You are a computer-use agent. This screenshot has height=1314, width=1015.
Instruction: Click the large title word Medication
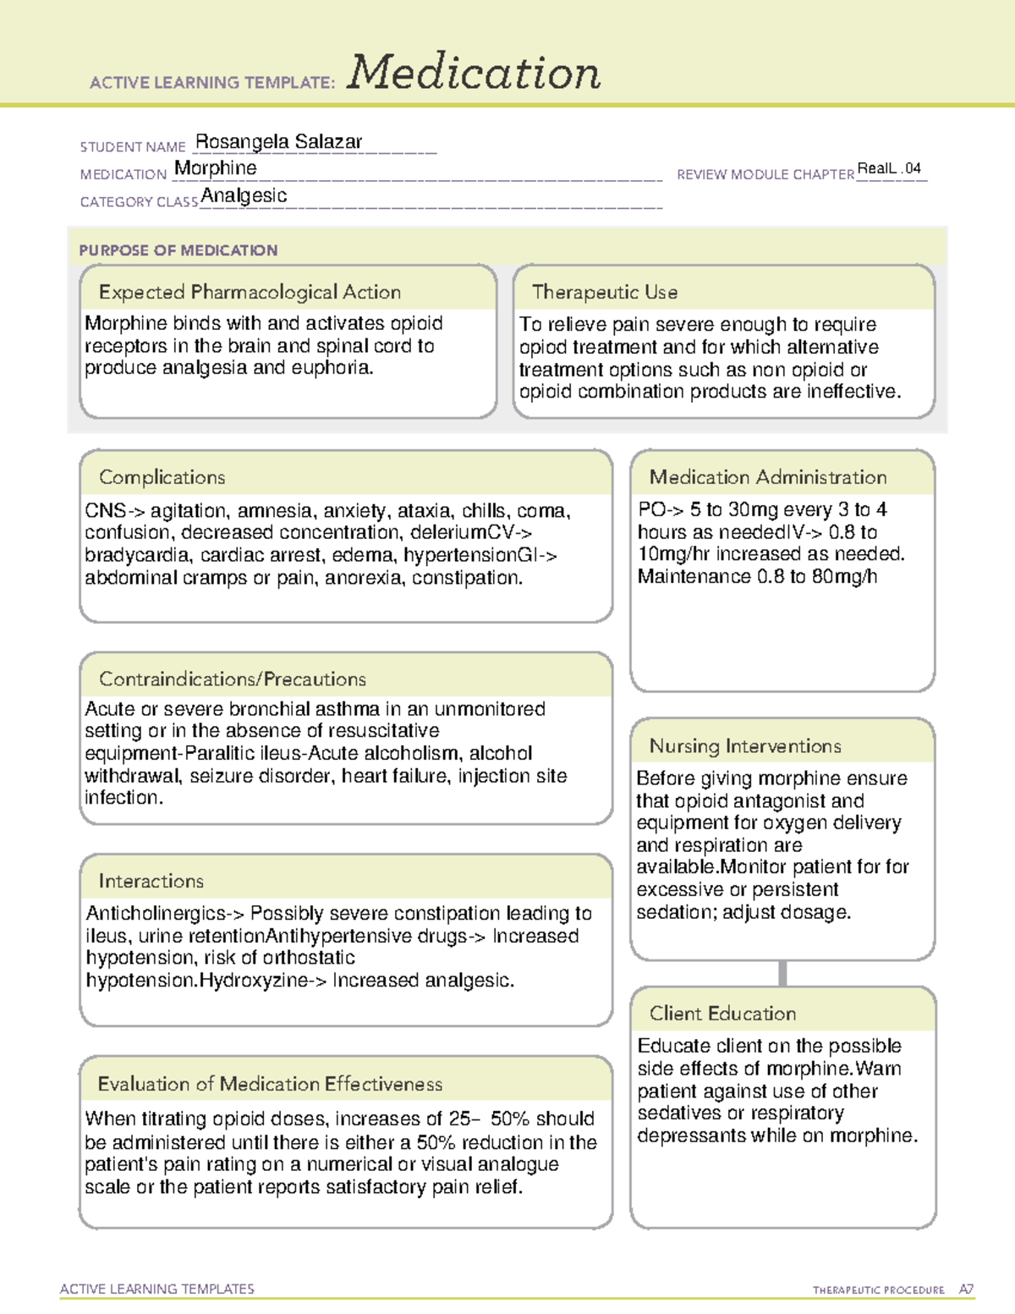click(474, 73)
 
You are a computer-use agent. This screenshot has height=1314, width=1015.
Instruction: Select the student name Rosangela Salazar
click(278, 141)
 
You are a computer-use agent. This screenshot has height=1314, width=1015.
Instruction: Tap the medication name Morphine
click(216, 168)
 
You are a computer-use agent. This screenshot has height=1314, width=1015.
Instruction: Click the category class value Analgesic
click(244, 196)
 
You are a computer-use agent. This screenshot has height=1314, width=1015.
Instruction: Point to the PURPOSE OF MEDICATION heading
click(178, 250)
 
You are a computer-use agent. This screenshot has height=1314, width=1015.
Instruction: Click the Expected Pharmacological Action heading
click(250, 292)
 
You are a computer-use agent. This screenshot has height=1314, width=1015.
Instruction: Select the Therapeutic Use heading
click(605, 292)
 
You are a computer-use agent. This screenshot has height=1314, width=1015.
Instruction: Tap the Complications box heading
click(162, 477)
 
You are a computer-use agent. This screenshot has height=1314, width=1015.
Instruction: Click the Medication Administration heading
click(768, 477)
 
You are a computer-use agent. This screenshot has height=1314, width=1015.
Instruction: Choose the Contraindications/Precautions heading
click(233, 679)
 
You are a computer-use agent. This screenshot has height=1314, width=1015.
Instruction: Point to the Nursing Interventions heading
click(745, 745)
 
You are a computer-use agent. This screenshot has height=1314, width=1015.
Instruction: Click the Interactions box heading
click(151, 881)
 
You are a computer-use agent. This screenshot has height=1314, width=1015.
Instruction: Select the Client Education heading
click(723, 1013)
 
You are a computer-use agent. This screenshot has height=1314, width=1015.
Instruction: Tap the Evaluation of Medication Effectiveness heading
click(270, 1084)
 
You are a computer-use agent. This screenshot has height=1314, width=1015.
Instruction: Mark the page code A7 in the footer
click(966, 1289)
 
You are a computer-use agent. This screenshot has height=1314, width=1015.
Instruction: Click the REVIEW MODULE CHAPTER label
click(765, 174)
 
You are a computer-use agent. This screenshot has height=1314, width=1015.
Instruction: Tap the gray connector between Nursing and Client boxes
click(782, 973)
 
